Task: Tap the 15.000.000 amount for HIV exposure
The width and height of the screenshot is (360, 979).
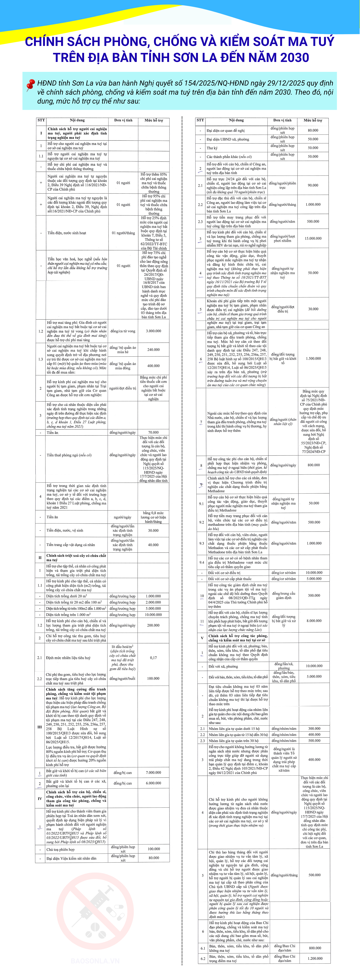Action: [313, 238]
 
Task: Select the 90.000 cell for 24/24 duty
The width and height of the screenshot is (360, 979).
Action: [313, 185]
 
